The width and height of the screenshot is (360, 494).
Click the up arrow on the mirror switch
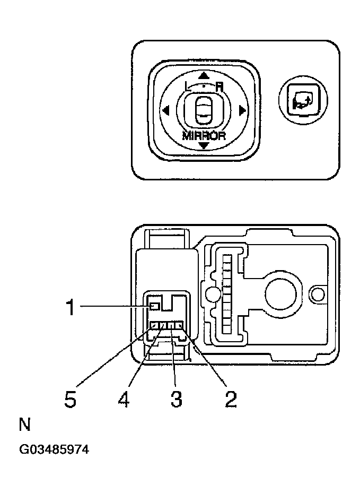204,76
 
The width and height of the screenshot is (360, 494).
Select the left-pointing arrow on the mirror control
165,111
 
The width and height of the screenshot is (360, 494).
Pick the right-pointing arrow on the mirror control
242,111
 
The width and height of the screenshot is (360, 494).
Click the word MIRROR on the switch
204,135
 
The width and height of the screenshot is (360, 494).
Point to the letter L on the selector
187,86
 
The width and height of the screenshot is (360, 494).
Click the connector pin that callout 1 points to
154,306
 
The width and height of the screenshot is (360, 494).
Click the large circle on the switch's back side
280,293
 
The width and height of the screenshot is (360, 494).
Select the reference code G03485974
54,450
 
